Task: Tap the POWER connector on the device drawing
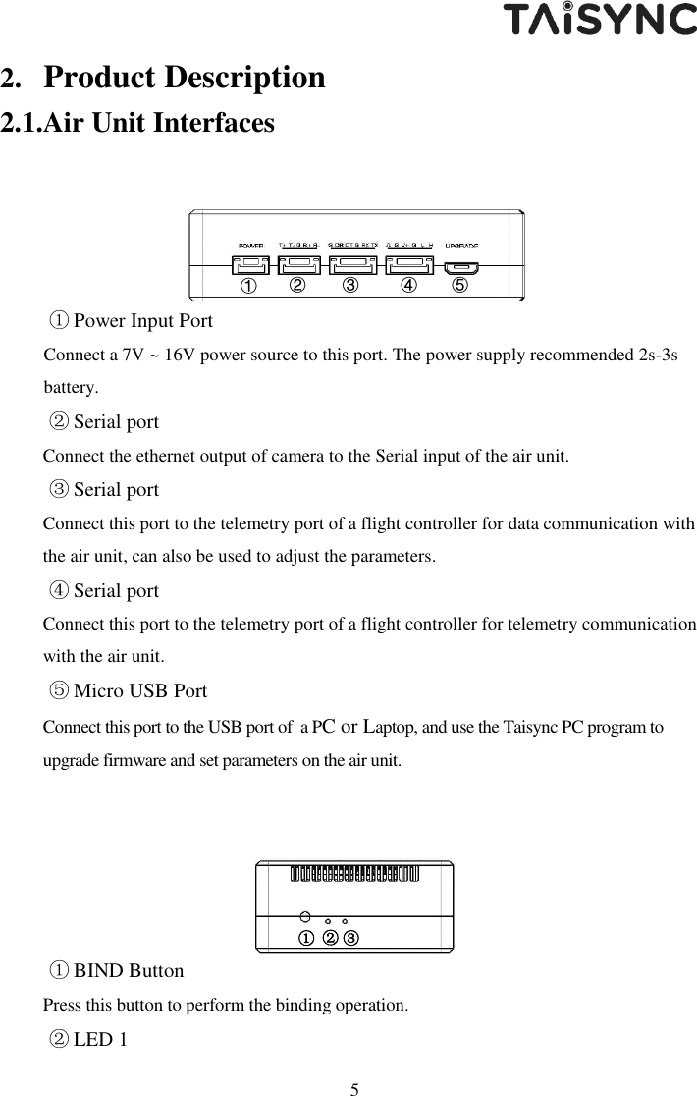252,265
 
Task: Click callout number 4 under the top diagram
407,286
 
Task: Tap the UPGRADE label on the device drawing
460,245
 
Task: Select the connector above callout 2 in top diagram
298,265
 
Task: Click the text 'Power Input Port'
143,321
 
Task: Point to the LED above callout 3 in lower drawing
346,922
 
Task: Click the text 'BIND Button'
129,971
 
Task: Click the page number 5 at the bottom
355,1088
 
